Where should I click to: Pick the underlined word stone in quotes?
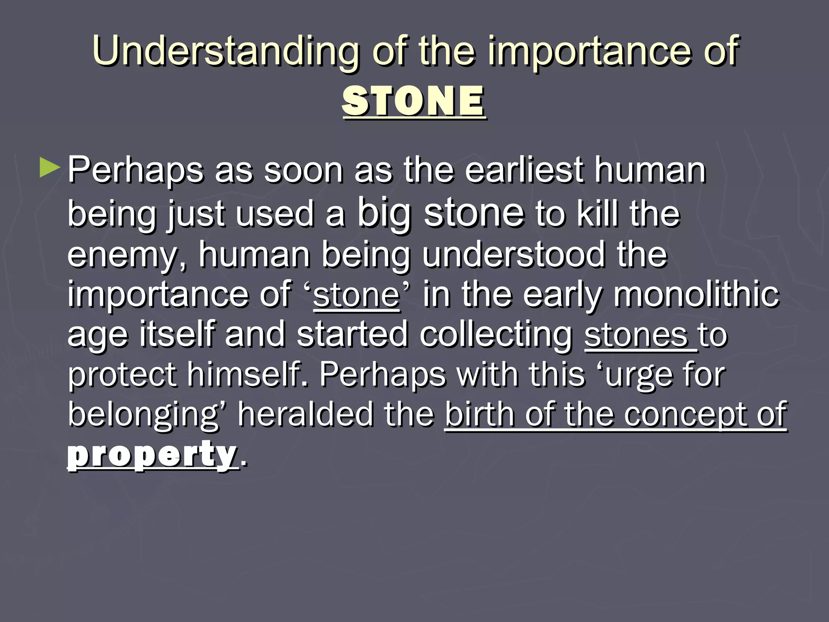coord(356,296)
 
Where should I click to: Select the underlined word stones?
coord(636,335)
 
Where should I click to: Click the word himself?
coord(247,374)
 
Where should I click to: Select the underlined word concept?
coord(685,415)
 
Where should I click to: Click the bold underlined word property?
coord(152,455)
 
